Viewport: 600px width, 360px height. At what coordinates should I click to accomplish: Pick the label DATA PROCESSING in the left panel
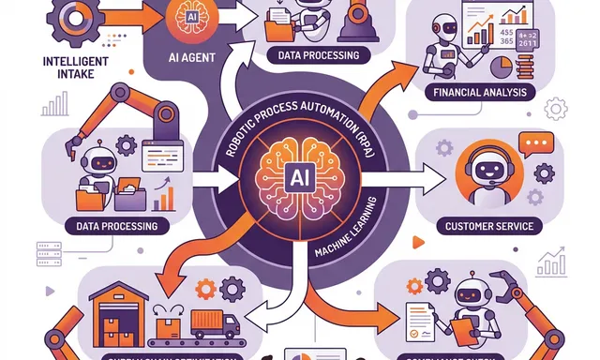[x=110, y=226]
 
